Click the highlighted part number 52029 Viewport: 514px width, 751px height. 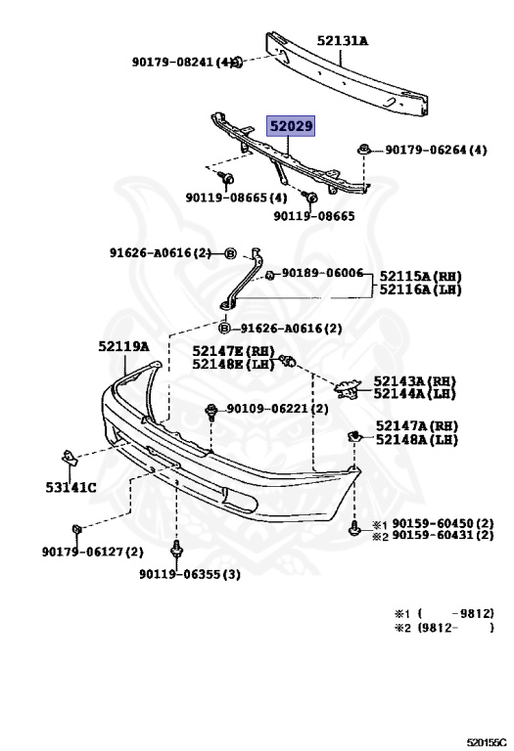291,126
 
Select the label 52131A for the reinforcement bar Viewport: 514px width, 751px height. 343,41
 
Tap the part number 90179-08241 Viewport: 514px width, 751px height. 172,62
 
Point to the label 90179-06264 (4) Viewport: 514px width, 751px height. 436,150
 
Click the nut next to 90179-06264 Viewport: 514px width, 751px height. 364,150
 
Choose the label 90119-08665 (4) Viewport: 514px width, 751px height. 236,198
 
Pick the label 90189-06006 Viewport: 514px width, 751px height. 322,273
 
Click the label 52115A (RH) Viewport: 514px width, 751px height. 421,277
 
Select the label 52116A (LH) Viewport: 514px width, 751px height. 421,289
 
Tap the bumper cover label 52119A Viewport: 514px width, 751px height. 123,346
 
